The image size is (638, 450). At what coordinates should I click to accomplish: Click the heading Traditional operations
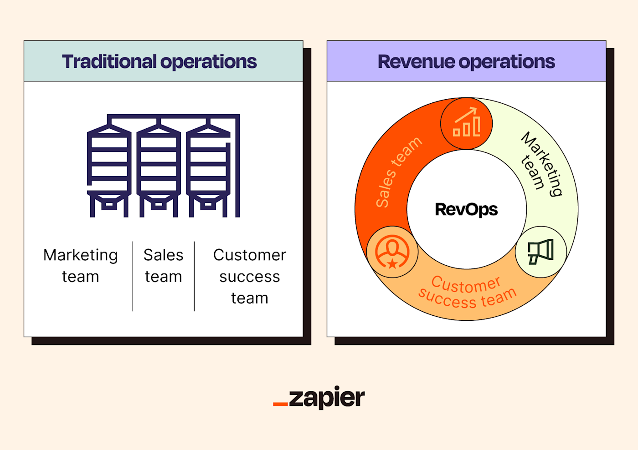159,62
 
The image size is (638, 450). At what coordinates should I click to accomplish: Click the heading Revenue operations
466,62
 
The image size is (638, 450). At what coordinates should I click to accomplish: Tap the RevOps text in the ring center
466,210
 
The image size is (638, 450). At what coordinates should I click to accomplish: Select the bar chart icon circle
466,124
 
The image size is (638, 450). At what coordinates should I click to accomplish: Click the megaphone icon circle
541,252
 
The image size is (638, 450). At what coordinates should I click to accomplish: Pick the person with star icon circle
392,252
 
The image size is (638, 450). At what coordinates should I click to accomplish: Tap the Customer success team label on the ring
467,293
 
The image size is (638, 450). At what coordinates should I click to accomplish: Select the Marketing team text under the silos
81,266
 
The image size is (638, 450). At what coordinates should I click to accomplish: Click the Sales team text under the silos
163,266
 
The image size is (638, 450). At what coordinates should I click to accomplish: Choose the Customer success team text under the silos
249,276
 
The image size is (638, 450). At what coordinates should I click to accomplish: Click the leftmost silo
109,168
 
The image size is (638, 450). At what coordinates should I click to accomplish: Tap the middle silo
159,168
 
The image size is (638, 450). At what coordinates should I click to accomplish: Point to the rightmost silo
208,168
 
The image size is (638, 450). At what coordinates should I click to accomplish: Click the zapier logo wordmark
326,398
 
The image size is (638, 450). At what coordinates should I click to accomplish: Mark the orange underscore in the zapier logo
280,404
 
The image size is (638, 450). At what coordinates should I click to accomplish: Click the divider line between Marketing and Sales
133,276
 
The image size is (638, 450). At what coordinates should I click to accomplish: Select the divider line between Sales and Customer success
194,276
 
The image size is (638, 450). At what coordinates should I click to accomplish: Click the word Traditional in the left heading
109,62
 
